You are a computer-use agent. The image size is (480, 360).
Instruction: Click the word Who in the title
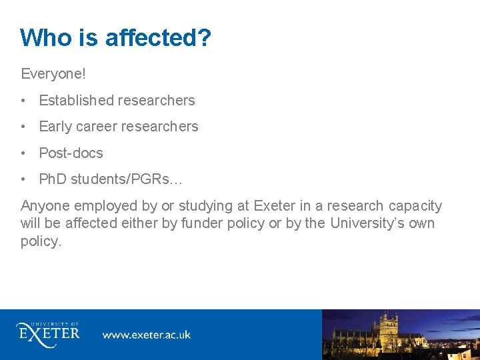pos(46,38)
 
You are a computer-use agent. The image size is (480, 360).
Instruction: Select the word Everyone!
pos(53,72)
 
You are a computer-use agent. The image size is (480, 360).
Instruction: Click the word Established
pos(77,101)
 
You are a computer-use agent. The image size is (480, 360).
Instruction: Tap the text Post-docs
pos(71,153)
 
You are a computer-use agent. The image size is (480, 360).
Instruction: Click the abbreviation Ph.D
pos(53,179)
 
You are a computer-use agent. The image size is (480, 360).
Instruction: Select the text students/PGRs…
pos(127,179)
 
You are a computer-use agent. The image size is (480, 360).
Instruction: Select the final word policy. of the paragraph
pos(41,241)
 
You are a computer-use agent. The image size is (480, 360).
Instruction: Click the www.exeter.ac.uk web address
pos(146,335)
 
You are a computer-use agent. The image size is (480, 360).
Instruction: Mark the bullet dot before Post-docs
pos(23,153)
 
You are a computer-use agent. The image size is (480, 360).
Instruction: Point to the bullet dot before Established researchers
pos(23,101)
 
